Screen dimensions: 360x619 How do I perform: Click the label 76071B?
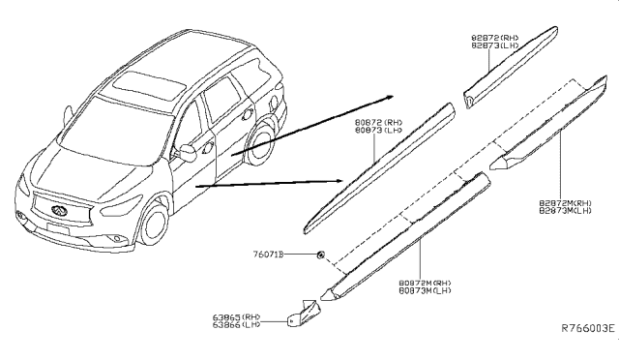(x=267, y=255)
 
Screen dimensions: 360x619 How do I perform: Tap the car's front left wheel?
(x=154, y=225)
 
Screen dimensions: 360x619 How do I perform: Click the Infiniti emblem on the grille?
(x=54, y=204)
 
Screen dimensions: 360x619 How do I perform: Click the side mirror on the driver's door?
(x=183, y=152)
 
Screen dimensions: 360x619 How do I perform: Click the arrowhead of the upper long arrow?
(x=389, y=98)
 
